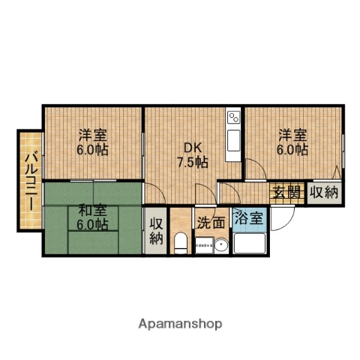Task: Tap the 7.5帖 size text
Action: tap(193, 161)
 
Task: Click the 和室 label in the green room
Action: tap(91, 211)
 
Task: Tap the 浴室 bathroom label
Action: tap(248, 219)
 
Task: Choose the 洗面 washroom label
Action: tap(211, 222)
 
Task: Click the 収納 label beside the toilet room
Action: tap(155, 231)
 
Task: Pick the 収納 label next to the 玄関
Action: tap(325, 192)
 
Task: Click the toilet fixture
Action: tap(180, 242)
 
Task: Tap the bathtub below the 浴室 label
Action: tap(249, 243)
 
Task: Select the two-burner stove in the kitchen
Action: tap(232, 118)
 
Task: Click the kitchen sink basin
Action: tap(232, 139)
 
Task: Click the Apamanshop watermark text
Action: tap(180, 324)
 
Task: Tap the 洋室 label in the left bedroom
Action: tap(91, 136)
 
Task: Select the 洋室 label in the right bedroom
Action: tap(292, 136)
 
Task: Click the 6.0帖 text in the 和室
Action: tap(91, 224)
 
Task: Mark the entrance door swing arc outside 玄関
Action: tap(283, 218)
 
